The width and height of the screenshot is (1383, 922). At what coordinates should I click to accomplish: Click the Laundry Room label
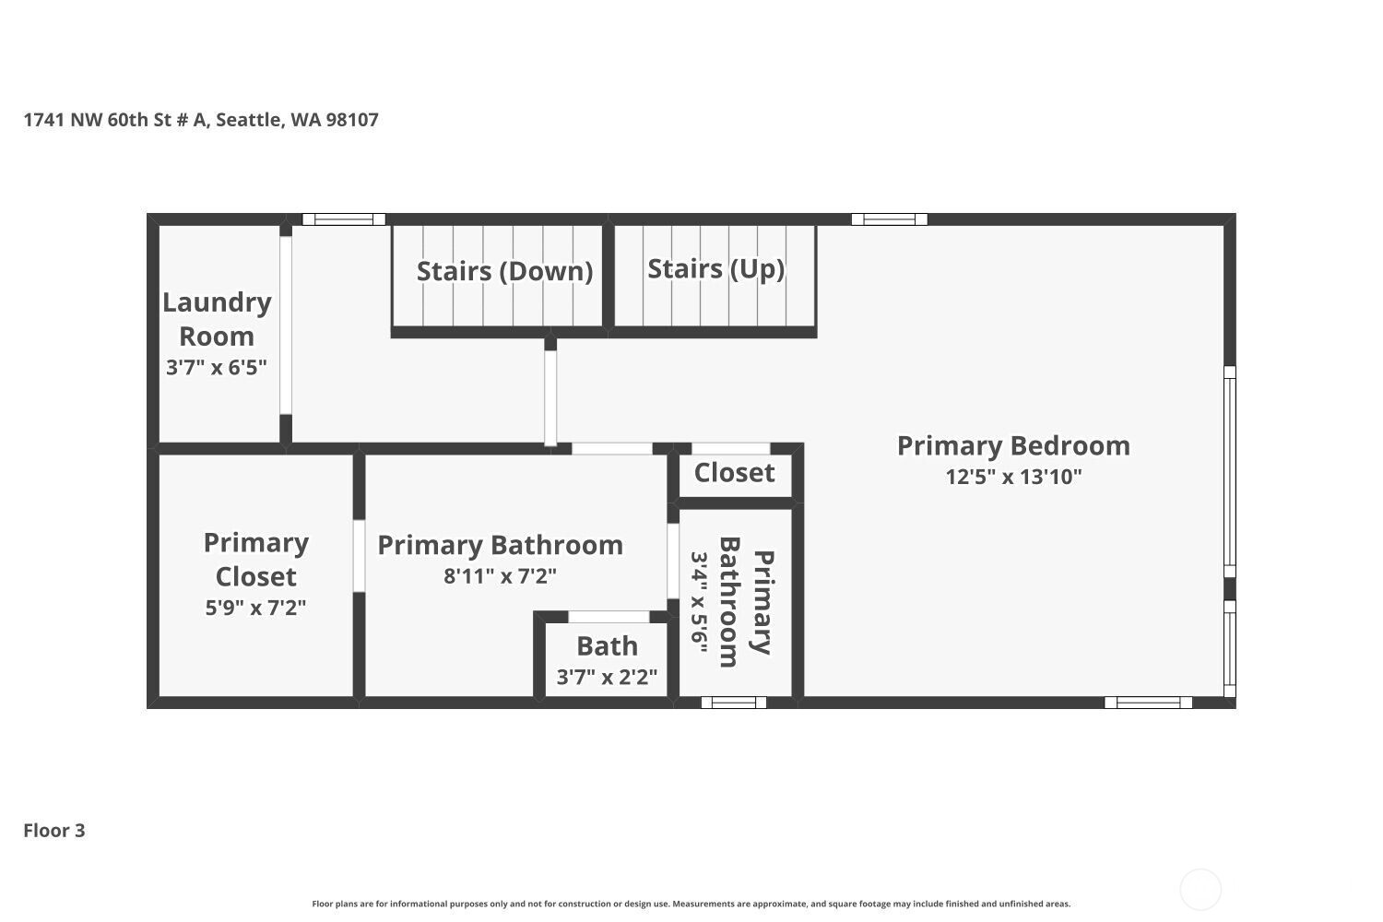217,319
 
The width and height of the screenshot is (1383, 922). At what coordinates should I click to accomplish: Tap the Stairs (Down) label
504,271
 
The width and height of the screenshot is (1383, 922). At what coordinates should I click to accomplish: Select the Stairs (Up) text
715,268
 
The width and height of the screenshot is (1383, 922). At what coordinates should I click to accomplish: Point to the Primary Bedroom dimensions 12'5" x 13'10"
1013,477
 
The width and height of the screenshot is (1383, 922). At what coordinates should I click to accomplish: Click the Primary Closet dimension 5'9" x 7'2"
255,608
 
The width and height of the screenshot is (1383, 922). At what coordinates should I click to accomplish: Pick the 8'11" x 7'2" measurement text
500,576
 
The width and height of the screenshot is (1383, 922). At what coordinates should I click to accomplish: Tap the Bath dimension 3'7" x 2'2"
607,678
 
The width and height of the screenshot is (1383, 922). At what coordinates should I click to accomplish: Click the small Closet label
734,473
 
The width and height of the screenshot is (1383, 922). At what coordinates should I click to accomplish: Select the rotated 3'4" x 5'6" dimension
698,603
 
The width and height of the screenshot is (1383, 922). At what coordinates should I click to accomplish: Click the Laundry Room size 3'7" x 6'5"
216,368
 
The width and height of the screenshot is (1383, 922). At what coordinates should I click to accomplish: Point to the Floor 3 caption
54,830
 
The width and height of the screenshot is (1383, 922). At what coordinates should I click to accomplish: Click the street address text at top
201,119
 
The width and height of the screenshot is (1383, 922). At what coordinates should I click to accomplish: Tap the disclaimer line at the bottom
691,904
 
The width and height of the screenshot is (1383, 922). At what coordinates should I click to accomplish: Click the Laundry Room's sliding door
285,325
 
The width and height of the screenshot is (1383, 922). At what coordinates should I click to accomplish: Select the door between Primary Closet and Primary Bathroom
359,556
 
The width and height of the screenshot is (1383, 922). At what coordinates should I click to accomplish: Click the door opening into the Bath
609,617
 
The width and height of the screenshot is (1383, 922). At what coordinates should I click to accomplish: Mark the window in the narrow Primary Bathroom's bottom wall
734,703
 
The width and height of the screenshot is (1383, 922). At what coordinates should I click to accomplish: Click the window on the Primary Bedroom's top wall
889,219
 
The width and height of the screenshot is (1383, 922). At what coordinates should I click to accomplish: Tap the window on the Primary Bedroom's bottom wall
1148,703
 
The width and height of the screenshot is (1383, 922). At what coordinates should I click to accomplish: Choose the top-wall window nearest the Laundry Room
344,219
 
